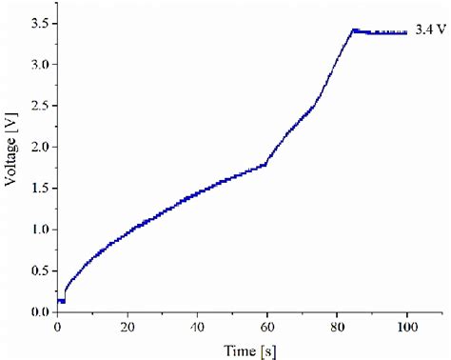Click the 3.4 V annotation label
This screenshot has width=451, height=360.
point(426,30)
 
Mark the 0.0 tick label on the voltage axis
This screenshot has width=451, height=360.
point(38,311)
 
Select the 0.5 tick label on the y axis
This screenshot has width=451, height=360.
point(38,270)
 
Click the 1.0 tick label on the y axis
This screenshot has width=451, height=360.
point(38,230)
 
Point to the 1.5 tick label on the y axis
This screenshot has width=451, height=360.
point(38,188)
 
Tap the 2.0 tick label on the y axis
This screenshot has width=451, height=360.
point(38,147)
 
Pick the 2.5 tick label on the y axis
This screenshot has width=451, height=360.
point(38,106)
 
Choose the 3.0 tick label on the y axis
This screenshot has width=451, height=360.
point(38,64)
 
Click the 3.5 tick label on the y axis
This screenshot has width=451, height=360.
point(38,23)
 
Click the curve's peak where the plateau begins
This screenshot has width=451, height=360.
point(354,30)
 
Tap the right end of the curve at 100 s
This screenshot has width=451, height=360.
point(406,32)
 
